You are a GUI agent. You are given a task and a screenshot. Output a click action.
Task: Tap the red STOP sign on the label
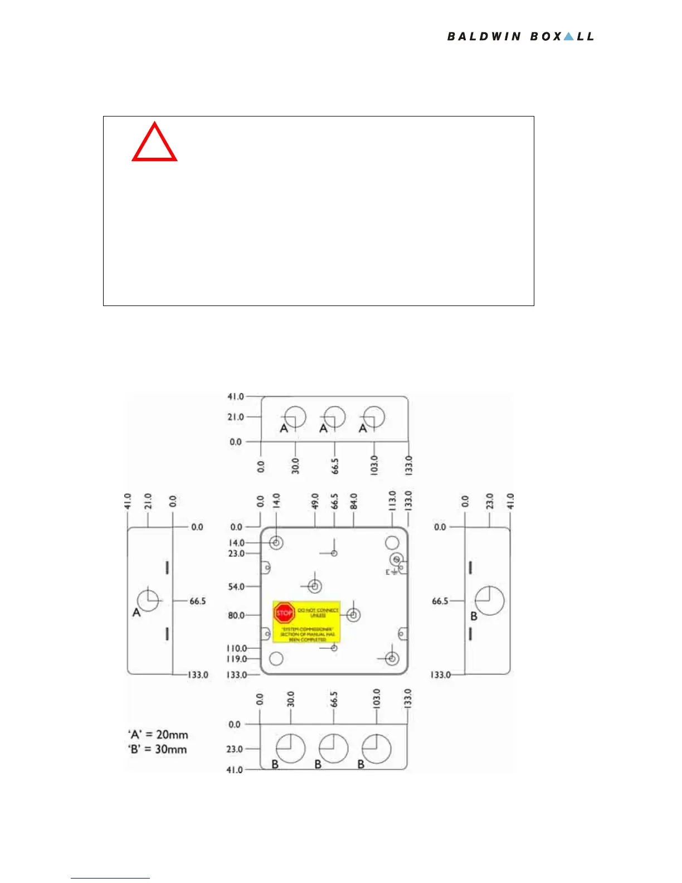[x=284, y=613]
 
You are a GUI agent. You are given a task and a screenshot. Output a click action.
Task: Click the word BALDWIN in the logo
[x=484, y=37]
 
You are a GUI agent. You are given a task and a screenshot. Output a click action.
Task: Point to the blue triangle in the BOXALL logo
[x=568, y=36]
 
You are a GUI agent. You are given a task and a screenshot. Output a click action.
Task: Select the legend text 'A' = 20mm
[x=158, y=735]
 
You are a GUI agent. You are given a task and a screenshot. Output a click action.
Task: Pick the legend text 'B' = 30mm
[x=157, y=749]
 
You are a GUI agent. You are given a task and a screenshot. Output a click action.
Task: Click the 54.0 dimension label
[x=236, y=586]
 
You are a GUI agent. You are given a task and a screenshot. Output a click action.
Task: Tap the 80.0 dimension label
[x=236, y=615]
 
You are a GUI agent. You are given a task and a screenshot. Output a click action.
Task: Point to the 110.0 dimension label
[x=236, y=648]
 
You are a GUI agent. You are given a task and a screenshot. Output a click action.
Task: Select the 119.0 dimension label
[x=236, y=659]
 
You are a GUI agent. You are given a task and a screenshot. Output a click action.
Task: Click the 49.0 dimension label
[x=315, y=501]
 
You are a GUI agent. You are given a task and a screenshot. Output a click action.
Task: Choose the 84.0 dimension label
[x=354, y=501]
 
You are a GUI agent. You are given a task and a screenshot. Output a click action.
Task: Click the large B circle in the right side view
[x=489, y=600]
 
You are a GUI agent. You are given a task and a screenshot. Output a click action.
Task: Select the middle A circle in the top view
[x=334, y=417]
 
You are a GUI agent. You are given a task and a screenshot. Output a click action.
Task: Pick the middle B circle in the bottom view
[x=334, y=749]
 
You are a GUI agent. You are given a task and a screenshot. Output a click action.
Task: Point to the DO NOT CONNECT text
[x=318, y=610]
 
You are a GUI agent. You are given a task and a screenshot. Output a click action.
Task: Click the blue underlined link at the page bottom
[x=110, y=877]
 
